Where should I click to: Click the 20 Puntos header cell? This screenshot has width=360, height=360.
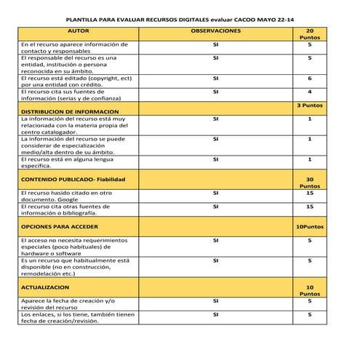pyautogui.click(x=309, y=34)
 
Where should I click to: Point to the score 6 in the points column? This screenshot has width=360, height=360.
pyautogui.click(x=309, y=78)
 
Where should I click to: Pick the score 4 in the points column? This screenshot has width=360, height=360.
pyautogui.click(x=309, y=92)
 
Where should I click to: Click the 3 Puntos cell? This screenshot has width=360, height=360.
pyautogui.click(x=309, y=105)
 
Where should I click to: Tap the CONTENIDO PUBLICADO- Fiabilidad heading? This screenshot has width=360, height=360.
pyautogui.click(x=73, y=178)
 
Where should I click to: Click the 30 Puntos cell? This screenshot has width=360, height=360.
pyautogui.click(x=309, y=182)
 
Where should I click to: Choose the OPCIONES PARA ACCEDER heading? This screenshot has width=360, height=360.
pyautogui.click(x=63, y=227)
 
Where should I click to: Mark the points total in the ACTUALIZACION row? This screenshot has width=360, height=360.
pyautogui.click(x=309, y=291)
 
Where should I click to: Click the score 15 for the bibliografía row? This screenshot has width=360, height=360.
pyautogui.click(x=309, y=207)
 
